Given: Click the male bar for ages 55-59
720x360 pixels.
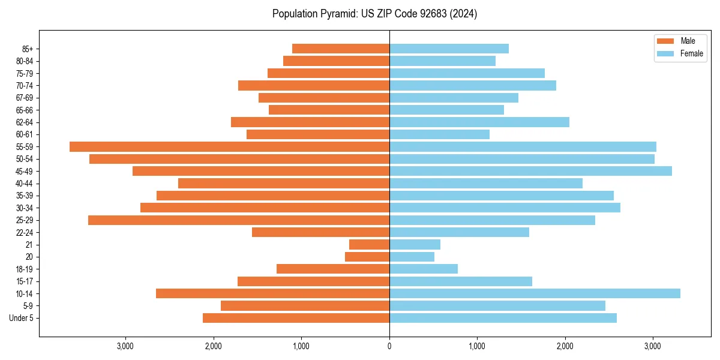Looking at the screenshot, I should click(x=229, y=146).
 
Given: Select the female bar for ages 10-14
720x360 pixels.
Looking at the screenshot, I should click(x=535, y=293).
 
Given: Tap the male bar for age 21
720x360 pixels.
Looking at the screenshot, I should click(x=369, y=244).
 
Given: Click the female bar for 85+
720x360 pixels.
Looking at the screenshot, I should click(x=449, y=49).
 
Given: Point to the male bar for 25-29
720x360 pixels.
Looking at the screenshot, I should click(x=239, y=220).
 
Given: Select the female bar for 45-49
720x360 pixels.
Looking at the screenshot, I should click(x=530, y=171).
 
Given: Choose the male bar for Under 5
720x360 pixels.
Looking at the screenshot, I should click(x=296, y=318).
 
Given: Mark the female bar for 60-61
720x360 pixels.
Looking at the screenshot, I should click(x=439, y=134).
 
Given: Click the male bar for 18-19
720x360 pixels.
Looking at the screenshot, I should click(x=333, y=269).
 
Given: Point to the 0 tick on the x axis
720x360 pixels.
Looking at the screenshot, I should click(x=389, y=346).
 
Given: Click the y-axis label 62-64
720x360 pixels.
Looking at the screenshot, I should click(x=25, y=122).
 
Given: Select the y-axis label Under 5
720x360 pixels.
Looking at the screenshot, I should click(x=21, y=318).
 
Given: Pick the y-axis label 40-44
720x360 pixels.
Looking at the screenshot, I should click(x=25, y=184).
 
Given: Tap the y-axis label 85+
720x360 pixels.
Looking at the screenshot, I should click(x=28, y=49).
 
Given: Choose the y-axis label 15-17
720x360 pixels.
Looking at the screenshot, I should click(x=25, y=281).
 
